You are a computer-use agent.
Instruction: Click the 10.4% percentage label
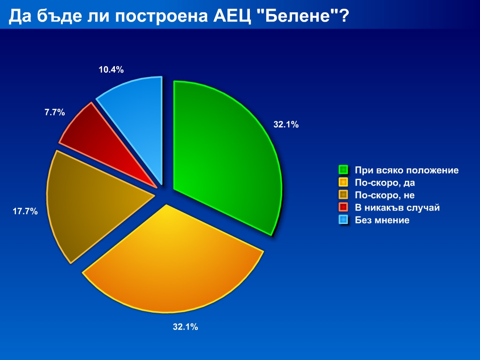click(x=111, y=70)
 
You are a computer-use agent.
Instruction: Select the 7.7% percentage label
click(x=55, y=112)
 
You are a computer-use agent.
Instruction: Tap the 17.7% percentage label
click(x=25, y=211)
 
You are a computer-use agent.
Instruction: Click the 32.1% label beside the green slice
click(x=286, y=125)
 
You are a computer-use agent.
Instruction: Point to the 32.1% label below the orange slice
click(x=186, y=327)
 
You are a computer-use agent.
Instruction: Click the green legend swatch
click(x=344, y=170)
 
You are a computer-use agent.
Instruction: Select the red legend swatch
click(x=344, y=207)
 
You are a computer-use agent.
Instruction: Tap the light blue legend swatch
click(x=344, y=220)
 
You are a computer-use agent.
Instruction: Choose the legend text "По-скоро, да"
click(x=385, y=183)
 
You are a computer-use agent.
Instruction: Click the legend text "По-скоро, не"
click(x=385, y=195)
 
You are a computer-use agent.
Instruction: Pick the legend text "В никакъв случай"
click(x=397, y=208)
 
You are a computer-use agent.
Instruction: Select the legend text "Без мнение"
click(x=382, y=220)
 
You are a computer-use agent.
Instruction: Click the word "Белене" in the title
click(x=298, y=16)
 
